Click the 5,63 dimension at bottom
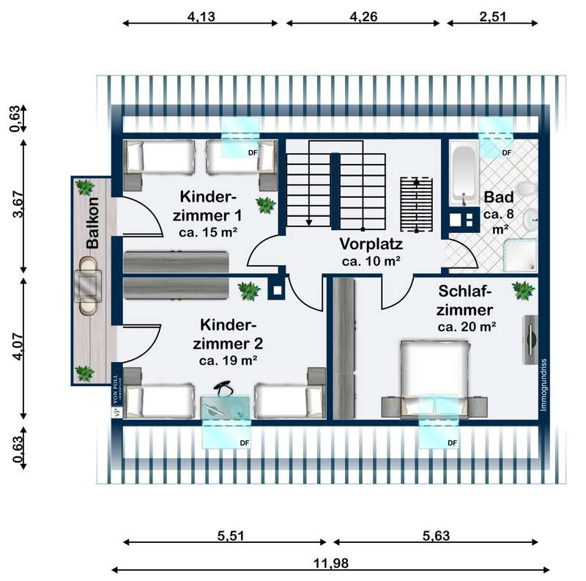pyautogui.click(x=437, y=536)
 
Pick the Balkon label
pyautogui.click(x=92, y=223)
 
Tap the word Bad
pyautogui.click(x=499, y=198)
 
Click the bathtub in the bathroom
pyautogui.click(x=463, y=174)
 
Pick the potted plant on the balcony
pyautogui.click(x=86, y=373)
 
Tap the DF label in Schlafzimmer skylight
pyautogui.click(x=452, y=443)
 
